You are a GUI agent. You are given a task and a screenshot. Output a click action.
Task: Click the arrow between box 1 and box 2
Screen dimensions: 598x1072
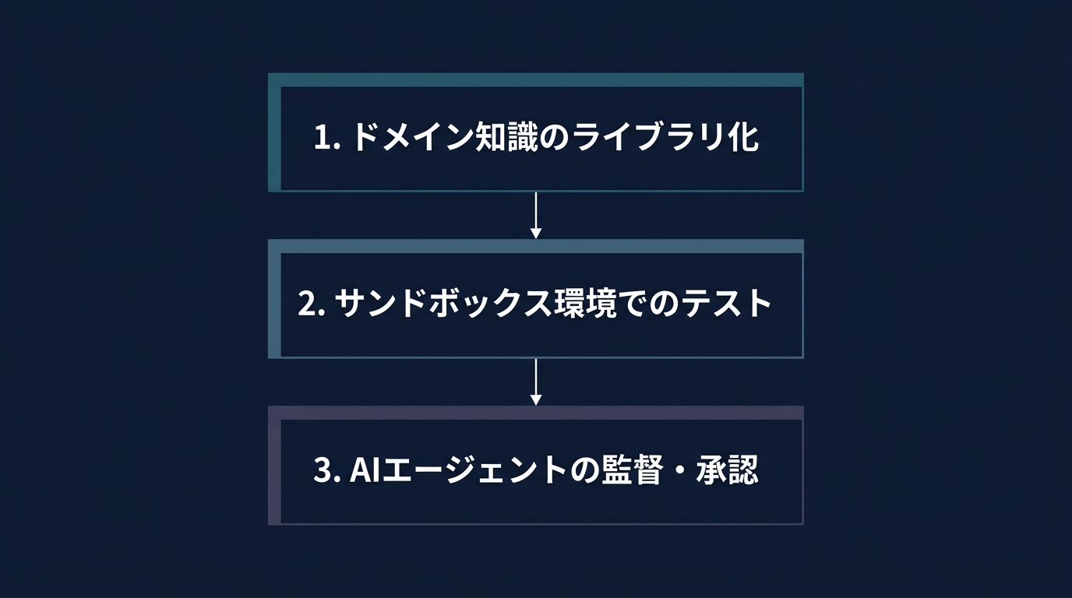point(535,214)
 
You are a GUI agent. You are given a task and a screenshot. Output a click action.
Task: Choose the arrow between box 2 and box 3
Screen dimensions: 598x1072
point(535,381)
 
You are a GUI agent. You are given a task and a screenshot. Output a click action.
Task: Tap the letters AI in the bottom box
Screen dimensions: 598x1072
point(363,471)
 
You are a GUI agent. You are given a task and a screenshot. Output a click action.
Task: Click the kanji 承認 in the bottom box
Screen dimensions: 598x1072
point(728,471)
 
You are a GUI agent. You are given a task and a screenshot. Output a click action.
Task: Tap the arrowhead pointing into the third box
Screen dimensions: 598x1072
point(535,399)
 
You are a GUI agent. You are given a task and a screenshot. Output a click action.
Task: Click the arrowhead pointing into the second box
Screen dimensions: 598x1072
point(535,233)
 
